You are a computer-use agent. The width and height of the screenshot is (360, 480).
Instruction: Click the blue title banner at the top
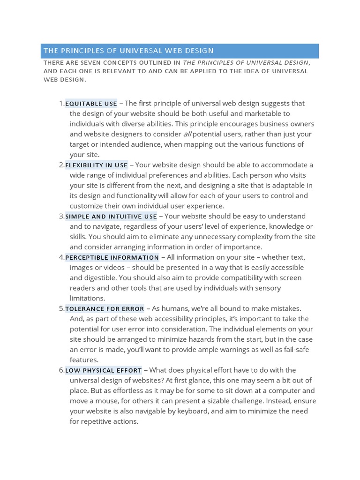[180, 51]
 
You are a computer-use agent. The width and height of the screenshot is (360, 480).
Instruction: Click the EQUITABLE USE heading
[91, 104]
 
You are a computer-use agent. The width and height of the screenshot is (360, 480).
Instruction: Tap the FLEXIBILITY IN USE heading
[96, 165]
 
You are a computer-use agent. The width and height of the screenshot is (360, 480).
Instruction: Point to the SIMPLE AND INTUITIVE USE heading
[111, 217]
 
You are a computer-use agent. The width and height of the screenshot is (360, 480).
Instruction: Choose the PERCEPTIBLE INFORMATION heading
[112, 257]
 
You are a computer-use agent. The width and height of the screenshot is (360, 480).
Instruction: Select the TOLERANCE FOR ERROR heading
[105, 309]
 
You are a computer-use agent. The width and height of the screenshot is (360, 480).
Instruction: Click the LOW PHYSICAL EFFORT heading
[103, 370]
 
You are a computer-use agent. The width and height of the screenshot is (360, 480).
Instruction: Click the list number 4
[61, 257]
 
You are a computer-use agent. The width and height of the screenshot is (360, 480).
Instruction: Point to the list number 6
[61, 370]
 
